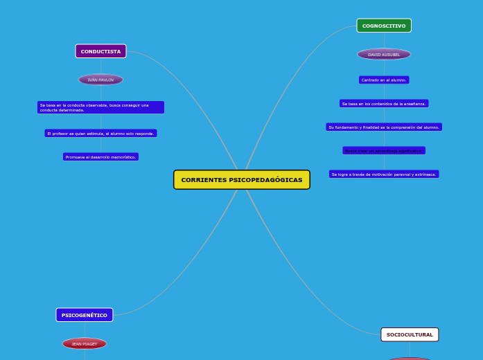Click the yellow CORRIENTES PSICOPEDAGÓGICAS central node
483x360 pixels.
click(x=241, y=180)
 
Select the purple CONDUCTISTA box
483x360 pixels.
click(x=100, y=51)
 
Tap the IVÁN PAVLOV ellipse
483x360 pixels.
click(x=100, y=80)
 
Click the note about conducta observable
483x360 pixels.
click(x=100, y=107)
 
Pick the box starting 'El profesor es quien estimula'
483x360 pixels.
click(x=100, y=133)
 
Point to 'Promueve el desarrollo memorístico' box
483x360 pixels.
click(x=100, y=157)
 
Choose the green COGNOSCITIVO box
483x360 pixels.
click(x=384, y=26)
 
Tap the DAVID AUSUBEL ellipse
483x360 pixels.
click(x=384, y=54)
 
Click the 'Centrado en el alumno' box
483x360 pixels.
click(x=384, y=80)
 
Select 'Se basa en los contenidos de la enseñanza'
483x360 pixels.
click(x=384, y=103)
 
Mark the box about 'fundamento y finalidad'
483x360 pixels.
click(x=384, y=127)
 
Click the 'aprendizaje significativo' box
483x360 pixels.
click(x=384, y=150)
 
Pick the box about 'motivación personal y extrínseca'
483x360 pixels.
click(x=384, y=174)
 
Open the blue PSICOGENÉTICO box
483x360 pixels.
click(x=85, y=315)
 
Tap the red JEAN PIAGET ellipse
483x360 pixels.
click(x=85, y=343)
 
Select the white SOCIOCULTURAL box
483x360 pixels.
click(x=410, y=334)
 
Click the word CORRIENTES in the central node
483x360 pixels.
click(x=204, y=180)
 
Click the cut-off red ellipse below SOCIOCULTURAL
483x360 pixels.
click(x=410, y=358)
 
